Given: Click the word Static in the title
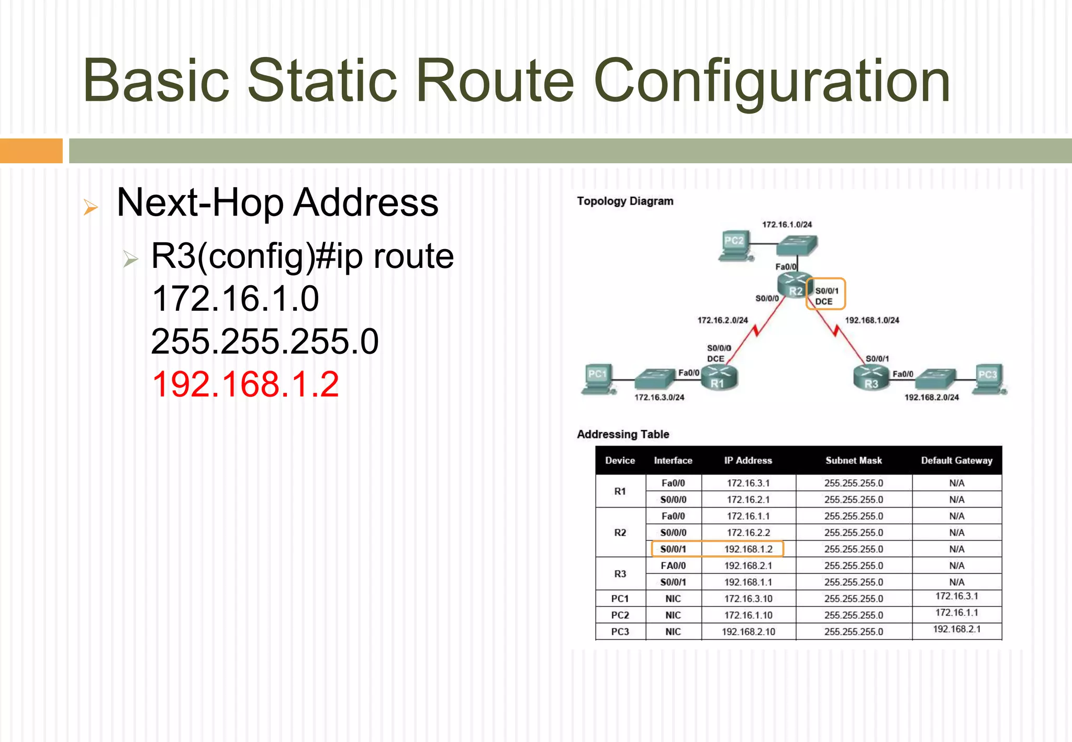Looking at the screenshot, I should point(322,81).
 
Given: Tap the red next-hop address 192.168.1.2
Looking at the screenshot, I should point(245,384).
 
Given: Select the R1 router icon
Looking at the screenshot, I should point(719,378).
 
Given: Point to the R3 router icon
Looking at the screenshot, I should point(871,378).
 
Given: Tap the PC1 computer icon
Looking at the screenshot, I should point(598,379).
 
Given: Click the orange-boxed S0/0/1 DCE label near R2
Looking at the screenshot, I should point(825,295).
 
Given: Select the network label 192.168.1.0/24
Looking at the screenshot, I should point(872,320).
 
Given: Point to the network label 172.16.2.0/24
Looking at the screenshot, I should point(722,320).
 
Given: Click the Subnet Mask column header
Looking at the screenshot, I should point(853,460).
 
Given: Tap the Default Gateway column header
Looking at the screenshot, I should point(956,460).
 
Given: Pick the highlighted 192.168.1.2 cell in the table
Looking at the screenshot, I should point(748,549).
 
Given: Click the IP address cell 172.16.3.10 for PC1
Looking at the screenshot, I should point(748,599).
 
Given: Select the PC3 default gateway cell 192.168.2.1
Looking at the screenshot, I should point(956,629).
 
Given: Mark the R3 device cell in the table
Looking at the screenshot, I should point(620,574).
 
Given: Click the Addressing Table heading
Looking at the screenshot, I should point(623,434).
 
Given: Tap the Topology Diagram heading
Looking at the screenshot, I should point(625,201).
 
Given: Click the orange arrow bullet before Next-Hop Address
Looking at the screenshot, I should point(91,207).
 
